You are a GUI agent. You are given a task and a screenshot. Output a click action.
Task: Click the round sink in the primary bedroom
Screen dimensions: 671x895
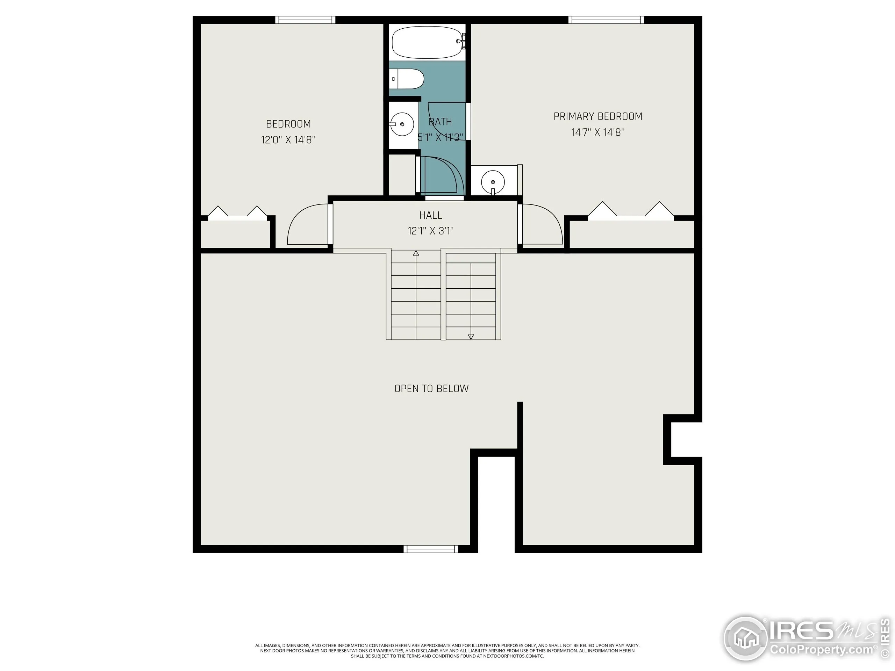point(493,182)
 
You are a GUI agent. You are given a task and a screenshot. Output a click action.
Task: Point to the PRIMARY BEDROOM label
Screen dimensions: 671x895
point(597,116)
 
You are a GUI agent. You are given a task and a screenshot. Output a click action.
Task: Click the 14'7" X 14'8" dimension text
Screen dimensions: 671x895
point(597,132)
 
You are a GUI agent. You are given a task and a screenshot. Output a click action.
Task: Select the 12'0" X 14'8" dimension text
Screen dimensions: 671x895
point(288,140)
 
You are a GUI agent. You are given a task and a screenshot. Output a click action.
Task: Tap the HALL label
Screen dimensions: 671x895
point(430,215)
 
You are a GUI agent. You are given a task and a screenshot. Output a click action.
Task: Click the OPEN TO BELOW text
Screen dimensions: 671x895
point(431,389)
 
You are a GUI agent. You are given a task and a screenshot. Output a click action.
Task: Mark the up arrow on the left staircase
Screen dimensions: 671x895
point(416,254)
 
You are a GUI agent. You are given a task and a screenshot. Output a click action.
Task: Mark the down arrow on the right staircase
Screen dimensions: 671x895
point(471,337)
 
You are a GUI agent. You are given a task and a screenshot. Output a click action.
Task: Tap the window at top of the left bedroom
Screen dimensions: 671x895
point(306,20)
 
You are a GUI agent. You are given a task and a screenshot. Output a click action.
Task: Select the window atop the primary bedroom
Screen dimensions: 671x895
point(606,20)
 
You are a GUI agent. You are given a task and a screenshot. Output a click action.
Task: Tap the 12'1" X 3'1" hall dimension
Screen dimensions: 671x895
point(430,231)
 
